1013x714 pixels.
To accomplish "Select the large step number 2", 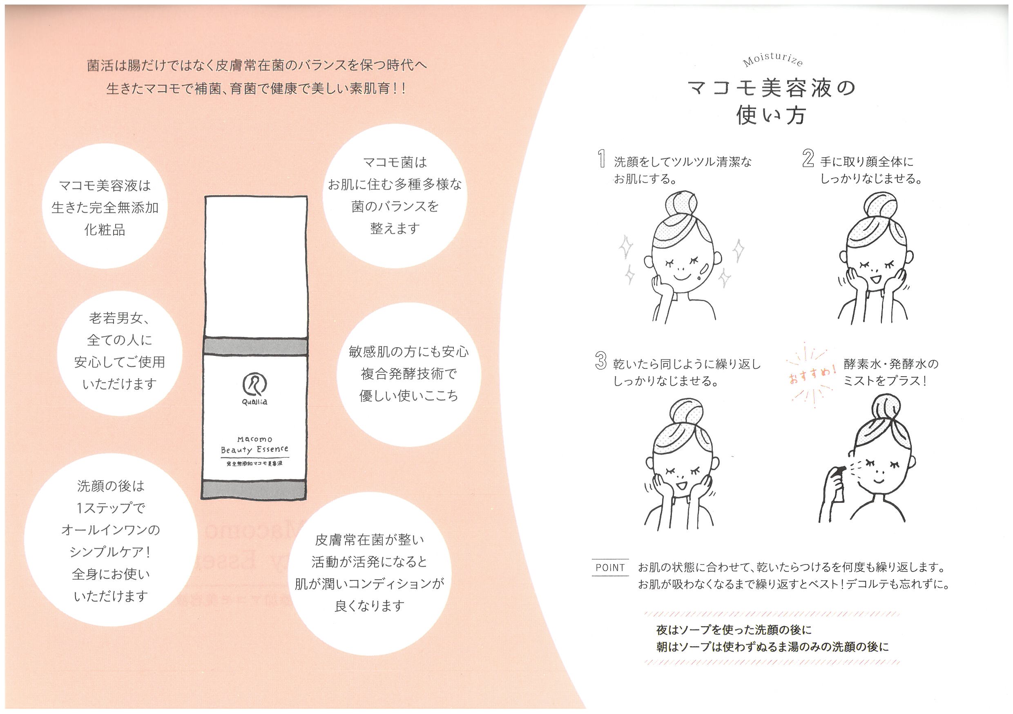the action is tap(808, 159).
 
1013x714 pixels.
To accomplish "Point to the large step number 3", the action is tap(601, 361).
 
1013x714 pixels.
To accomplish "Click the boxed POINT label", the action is tap(610, 567).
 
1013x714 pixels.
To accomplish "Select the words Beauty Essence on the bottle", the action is tap(254, 450).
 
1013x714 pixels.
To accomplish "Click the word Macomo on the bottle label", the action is tap(254, 439).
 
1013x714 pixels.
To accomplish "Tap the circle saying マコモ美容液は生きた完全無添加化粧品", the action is tap(105, 208).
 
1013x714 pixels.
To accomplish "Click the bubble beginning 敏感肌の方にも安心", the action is tap(408, 374).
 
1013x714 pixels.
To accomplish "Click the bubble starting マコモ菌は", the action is tap(394, 194).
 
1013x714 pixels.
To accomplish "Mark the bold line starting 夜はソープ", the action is tap(734, 629).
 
